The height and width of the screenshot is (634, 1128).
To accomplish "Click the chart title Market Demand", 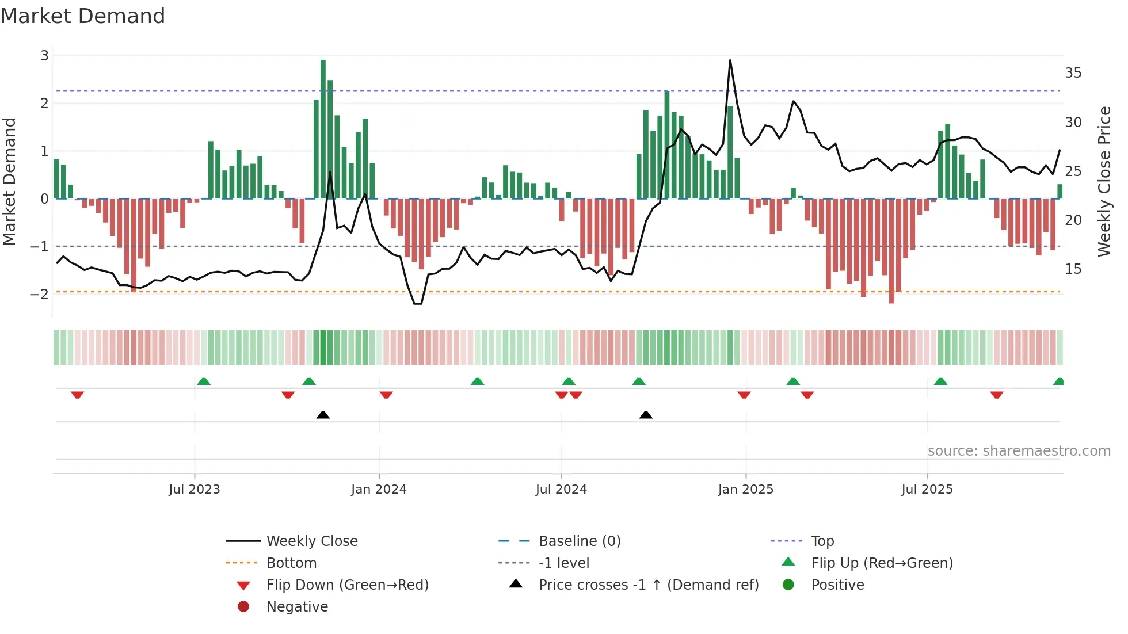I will [83, 16].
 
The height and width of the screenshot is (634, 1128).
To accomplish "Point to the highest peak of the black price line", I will [730, 61].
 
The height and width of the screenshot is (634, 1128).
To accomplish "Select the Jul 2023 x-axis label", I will [194, 490].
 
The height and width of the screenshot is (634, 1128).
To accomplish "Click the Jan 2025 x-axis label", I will [745, 490].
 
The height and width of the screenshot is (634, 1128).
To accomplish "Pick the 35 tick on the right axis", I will [1073, 73].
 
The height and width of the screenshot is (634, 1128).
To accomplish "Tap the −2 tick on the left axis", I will [40, 294].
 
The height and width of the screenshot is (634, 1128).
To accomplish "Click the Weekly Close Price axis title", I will [1104, 181].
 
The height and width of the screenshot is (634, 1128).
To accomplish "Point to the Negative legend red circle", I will [243, 607].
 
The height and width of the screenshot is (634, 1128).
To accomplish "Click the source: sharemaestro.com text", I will [1019, 451].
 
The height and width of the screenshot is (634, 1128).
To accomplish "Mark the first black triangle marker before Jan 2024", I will [323, 415].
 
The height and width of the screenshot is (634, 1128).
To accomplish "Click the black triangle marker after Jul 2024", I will [646, 415].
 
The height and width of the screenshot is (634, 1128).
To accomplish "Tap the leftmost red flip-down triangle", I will [77, 395].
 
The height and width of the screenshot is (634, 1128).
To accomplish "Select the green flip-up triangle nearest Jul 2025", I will [940, 381].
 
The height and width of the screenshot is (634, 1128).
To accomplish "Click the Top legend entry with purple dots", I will [822, 541].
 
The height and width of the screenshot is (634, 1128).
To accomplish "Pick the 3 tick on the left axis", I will [44, 56].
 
